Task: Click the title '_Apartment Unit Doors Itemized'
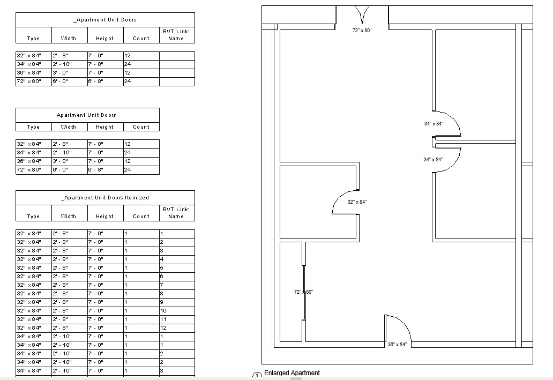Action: [105, 198]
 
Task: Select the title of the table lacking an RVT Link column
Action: [86, 115]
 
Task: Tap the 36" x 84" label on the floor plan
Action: [397, 345]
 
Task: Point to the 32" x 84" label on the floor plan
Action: [357, 202]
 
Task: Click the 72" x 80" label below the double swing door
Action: [362, 31]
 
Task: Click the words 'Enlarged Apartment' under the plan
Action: [292, 373]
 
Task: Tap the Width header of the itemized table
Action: [69, 217]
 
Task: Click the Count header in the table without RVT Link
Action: [141, 127]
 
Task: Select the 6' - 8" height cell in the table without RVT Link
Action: [105, 170]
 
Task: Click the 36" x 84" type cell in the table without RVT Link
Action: [33, 161]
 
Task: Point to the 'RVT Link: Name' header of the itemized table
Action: [176, 213]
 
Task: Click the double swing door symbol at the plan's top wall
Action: [362, 14]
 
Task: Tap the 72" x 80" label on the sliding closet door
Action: [303, 292]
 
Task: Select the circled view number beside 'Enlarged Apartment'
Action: [256, 376]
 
